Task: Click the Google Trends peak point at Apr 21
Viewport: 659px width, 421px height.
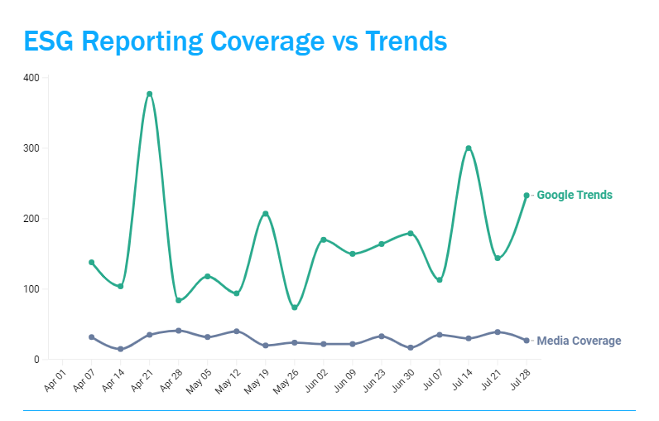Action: click(x=149, y=94)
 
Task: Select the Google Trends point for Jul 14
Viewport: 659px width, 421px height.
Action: click(x=469, y=148)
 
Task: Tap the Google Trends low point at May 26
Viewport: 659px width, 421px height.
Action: click(x=294, y=307)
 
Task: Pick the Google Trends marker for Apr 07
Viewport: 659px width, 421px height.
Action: click(x=91, y=262)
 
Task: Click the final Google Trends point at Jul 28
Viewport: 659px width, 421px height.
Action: click(x=527, y=196)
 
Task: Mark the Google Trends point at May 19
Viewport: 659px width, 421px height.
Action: click(x=265, y=214)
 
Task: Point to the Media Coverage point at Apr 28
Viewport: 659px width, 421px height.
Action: click(x=178, y=331)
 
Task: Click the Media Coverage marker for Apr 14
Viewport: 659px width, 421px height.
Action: click(x=120, y=349)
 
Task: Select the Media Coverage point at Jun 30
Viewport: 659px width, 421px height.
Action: click(x=411, y=347)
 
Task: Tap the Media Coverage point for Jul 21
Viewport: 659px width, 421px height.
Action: click(x=498, y=331)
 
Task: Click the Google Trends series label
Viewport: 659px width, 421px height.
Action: click(x=575, y=196)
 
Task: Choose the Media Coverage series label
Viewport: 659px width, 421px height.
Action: click(x=579, y=341)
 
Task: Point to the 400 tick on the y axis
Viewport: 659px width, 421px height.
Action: click(x=31, y=78)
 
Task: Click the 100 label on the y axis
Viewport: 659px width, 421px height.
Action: click(x=31, y=289)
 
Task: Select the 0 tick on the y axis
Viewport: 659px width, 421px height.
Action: click(x=36, y=360)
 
